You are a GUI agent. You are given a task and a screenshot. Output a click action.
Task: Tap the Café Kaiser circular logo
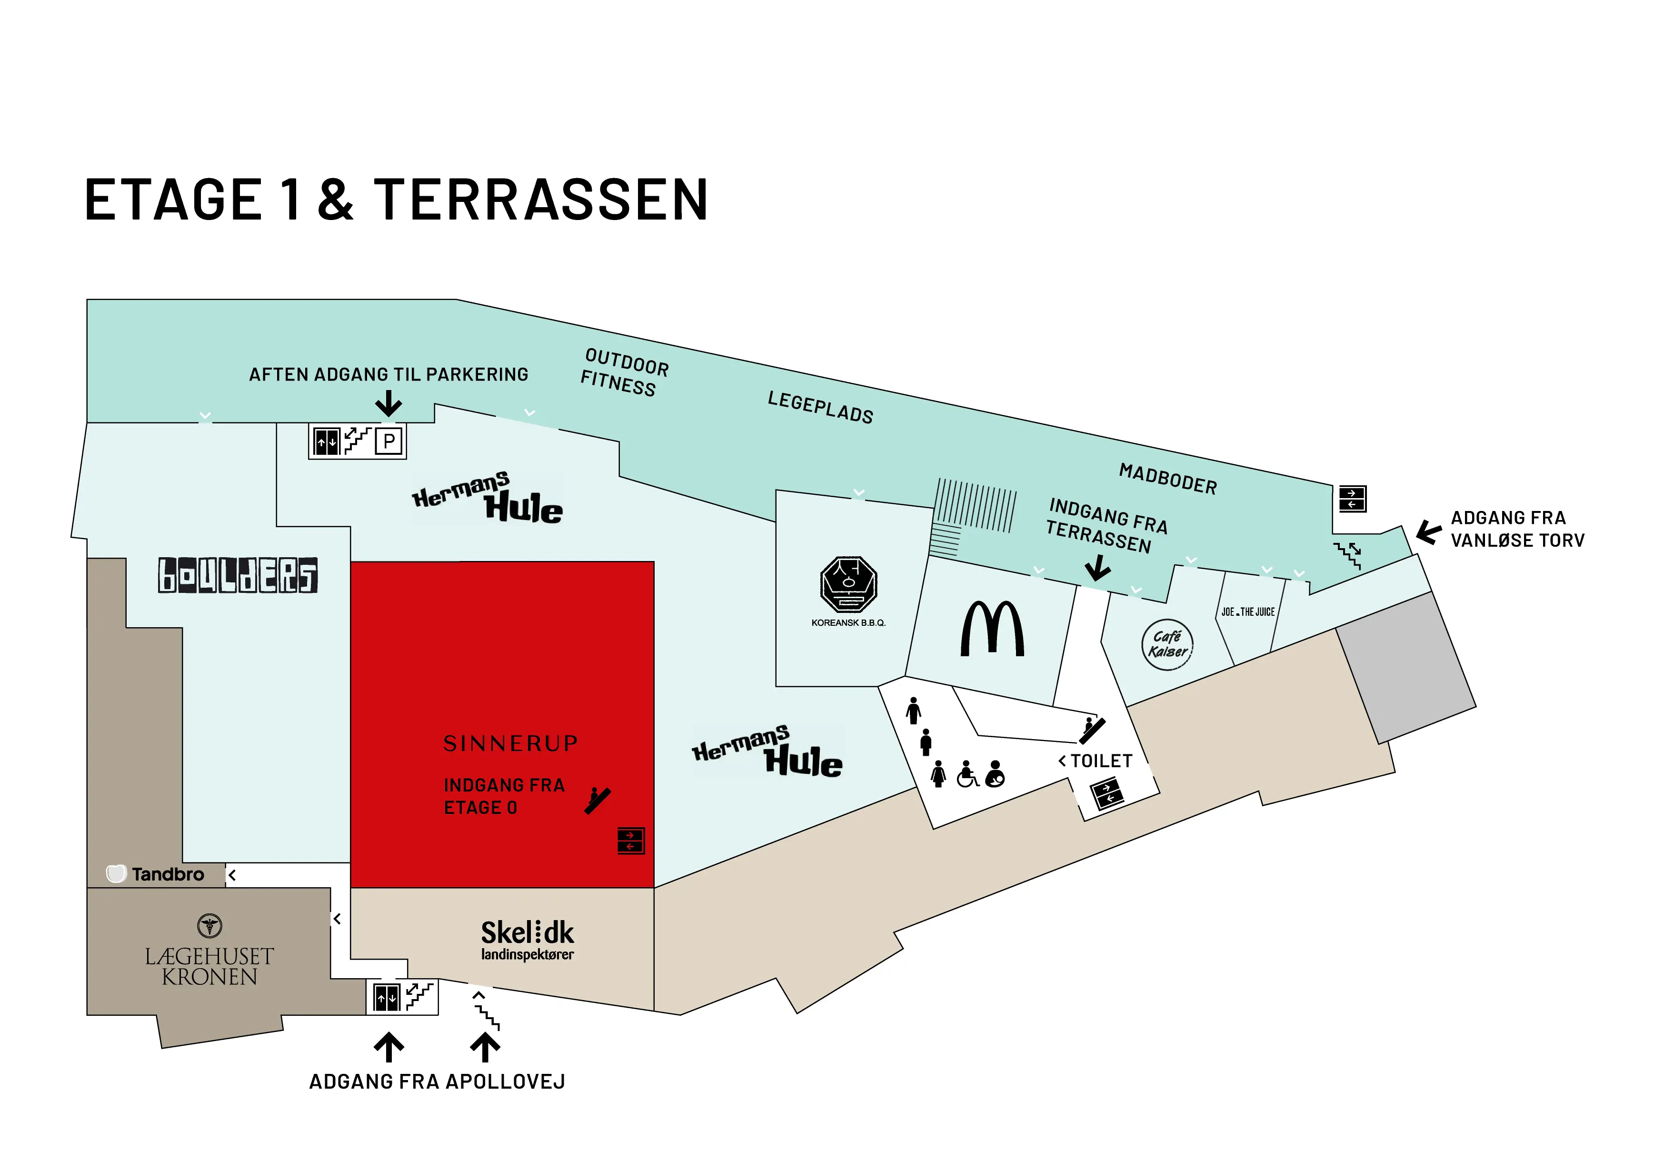click(1167, 644)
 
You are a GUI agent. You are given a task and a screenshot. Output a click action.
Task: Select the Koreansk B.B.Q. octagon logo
click(848, 584)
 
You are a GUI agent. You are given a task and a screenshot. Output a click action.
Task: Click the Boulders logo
click(238, 575)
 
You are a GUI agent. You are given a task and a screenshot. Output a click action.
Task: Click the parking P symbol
click(389, 441)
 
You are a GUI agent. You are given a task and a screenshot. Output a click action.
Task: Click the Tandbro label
click(156, 874)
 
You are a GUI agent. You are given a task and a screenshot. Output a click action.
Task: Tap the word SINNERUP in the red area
click(511, 743)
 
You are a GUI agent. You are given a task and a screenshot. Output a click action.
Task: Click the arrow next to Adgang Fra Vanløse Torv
click(1429, 532)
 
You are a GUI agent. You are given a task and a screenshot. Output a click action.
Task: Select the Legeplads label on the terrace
click(820, 407)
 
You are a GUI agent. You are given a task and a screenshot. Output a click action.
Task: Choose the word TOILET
click(1101, 761)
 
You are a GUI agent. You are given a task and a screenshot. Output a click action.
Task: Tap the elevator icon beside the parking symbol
click(327, 441)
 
